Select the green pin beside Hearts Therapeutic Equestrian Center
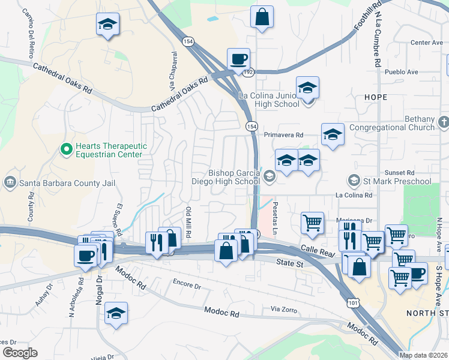tap(67, 147)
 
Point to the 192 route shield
tap(248, 71)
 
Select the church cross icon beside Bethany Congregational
tap(444, 122)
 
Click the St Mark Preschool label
tap(397, 181)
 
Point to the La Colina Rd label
tap(354, 195)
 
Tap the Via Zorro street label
tap(284, 308)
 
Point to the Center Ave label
tap(426, 43)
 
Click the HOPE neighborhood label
tap(375, 97)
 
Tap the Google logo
tap(20, 353)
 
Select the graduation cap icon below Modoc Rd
tap(116, 313)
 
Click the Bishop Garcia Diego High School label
tap(234, 177)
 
